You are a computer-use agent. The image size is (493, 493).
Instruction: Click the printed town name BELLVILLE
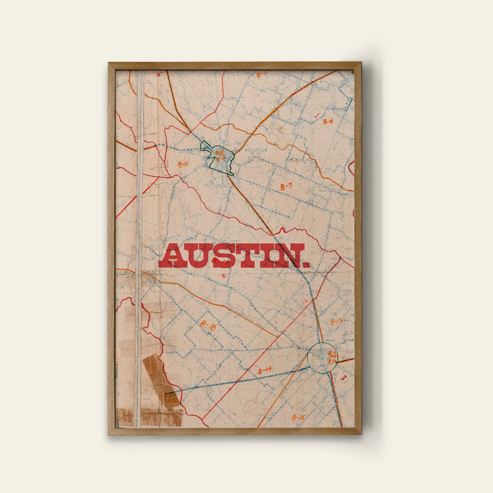(x=256, y=150)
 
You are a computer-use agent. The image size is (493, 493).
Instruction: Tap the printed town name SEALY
(x=331, y=340)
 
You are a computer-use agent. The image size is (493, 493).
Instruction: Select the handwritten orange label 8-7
(x=286, y=187)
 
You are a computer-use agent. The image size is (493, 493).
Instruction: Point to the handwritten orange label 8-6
(x=183, y=164)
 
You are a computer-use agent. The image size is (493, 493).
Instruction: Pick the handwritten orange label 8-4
(x=328, y=122)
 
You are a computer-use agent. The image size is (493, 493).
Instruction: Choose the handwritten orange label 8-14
(x=265, y=370)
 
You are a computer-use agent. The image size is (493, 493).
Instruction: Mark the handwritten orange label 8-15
(x=298, y=417)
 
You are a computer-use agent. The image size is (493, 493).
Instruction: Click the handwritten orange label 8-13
(x=336, y=321)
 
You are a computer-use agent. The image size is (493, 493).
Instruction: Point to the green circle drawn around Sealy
(x=308, y=358)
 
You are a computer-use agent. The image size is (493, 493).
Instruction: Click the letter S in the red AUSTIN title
(x=224, y=256)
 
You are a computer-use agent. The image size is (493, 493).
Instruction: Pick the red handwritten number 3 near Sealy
(x=343, y=378)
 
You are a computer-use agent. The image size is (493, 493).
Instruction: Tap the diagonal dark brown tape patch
(x=161, y=381)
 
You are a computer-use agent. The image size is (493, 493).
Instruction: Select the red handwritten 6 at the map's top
(x=158, y=74)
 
